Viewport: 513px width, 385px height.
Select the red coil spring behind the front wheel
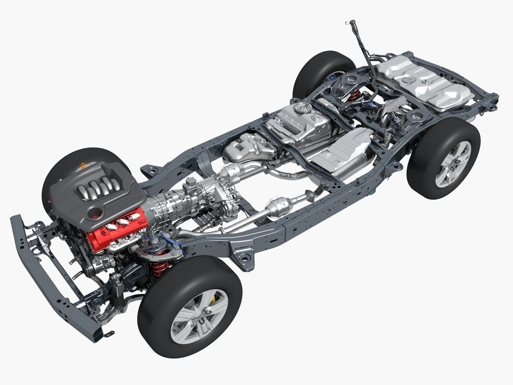pos(160,268)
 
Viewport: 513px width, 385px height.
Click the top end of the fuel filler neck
pos(352,22)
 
